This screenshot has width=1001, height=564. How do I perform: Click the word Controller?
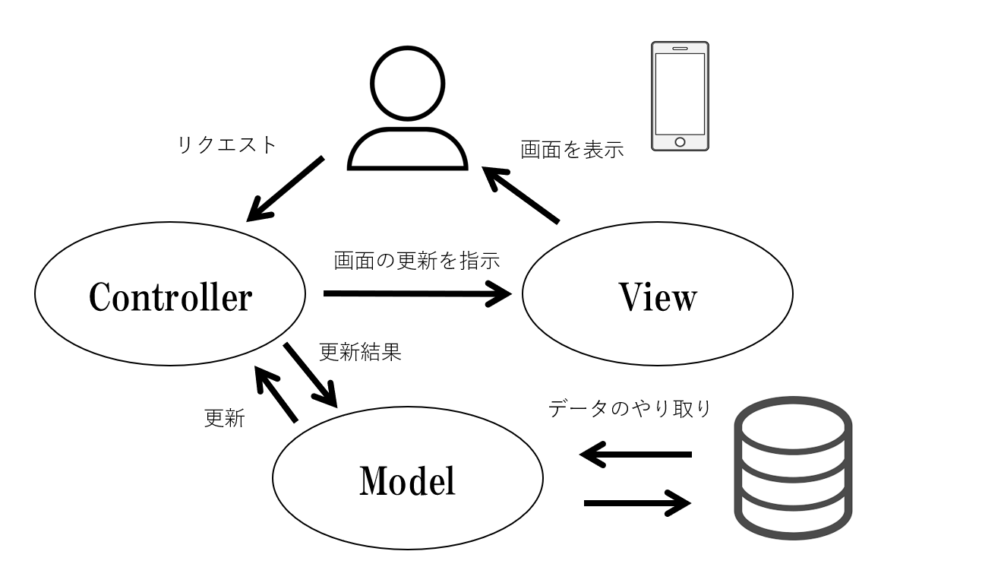(170, 297)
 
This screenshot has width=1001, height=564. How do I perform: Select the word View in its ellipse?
(658, 297)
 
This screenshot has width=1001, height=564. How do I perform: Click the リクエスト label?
(227, 144)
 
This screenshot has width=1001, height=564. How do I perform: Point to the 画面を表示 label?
(572, 150)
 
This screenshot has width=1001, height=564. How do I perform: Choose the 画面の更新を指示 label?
(417, 261)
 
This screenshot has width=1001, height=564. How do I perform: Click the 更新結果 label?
(360, 352)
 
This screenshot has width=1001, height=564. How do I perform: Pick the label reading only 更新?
(225, 418)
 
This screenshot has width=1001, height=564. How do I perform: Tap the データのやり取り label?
(630, 409)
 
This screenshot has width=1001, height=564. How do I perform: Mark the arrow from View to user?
(523, 196)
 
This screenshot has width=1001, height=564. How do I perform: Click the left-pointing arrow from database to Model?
(636, 455)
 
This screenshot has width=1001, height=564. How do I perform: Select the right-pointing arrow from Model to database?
(637, 502)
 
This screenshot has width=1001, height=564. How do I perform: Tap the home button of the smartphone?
(680, 141)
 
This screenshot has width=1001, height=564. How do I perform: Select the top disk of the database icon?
(793, 426)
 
